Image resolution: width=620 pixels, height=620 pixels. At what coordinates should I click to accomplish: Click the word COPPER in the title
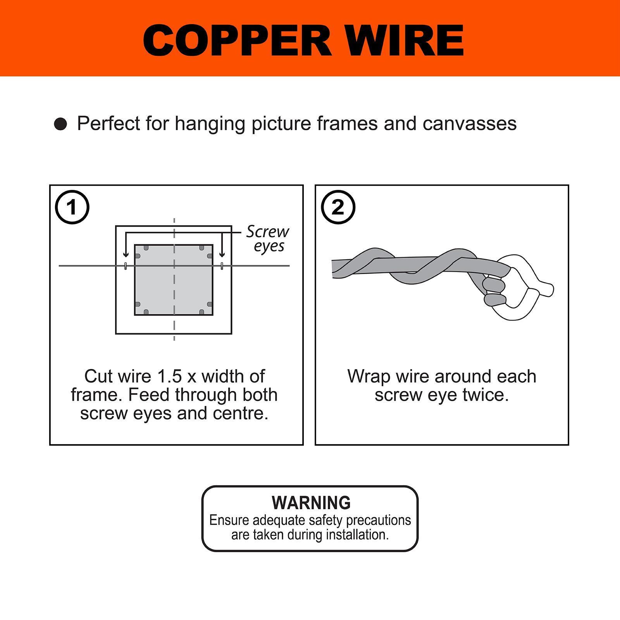click(x=237, y=40)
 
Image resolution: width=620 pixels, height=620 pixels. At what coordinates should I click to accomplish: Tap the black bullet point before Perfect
click(x=60, y=124)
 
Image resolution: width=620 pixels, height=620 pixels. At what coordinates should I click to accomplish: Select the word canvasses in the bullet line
click(x=469, y=124)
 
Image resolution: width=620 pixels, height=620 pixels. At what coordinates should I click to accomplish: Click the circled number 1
click(x=72, y=207)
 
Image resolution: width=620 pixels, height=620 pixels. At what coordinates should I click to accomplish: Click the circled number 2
click(x=338, y=207)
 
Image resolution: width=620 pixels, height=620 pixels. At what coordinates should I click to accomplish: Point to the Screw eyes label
click(x=268, y=238)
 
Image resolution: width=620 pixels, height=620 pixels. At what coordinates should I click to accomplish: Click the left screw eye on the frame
click(x=125, y=266)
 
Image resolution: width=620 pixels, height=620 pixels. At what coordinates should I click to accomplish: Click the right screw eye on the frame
click(x=222, y=266)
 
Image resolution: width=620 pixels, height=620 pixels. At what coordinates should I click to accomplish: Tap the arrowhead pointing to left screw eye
click(x=125, y=254)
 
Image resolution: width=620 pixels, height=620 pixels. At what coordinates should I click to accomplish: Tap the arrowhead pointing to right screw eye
click(x=222, y=254)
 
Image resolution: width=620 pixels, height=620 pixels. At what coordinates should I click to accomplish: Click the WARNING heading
click(x=311, y=503)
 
